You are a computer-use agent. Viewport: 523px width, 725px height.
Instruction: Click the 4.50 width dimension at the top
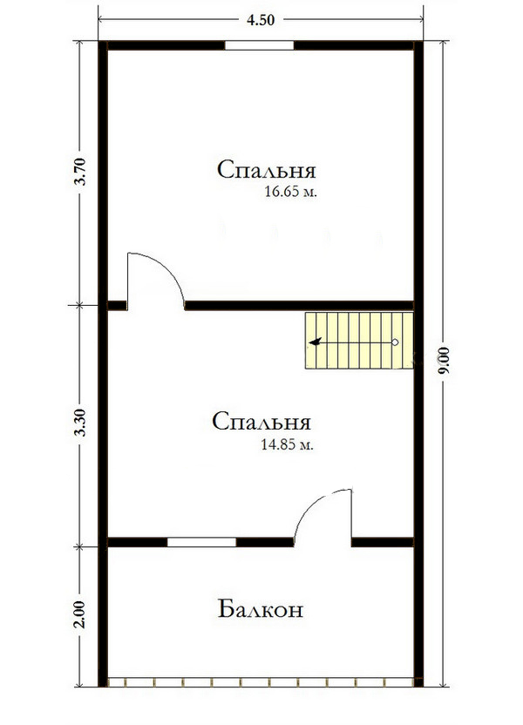[261, 20]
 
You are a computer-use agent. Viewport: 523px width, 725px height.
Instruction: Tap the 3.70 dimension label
[80, 172]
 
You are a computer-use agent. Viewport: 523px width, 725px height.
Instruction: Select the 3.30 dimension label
[80, 423]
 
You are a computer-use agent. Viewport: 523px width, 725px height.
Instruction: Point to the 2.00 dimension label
[80, 614]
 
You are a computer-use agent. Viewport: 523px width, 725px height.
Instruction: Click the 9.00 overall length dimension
[443, 360]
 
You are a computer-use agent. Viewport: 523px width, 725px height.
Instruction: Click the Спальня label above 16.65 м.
[267, 170]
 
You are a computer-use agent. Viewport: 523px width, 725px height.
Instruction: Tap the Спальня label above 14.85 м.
[261, 421]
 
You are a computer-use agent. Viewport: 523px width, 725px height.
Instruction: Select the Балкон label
[261, 609]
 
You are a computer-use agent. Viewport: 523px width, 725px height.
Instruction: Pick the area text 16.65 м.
[291, 192]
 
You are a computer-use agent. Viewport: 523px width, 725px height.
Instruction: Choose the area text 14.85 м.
[287, 444]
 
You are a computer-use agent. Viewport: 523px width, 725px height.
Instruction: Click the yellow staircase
[359, 341]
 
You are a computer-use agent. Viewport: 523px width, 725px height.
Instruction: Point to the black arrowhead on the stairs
[316, 342]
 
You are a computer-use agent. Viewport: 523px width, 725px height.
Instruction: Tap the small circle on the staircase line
[395, 342]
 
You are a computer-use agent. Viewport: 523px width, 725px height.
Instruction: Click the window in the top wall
[259, 45]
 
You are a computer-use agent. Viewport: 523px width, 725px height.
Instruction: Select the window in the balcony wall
[201, 542]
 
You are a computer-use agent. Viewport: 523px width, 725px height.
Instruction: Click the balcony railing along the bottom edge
[261, 682]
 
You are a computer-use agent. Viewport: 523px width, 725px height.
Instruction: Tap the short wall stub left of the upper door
[117, 305]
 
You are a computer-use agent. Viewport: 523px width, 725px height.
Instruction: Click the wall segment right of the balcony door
[383, 542]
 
